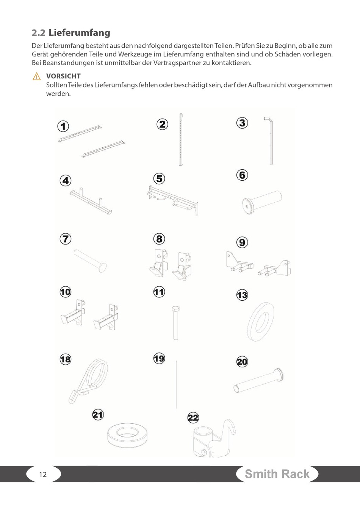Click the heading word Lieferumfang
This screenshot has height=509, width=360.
point(79,33)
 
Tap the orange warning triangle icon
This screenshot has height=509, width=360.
point(37,77)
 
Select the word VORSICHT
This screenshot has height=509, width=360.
point(63,76)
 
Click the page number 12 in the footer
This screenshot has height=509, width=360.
point(43,474)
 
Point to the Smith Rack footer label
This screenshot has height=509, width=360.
point(277,474)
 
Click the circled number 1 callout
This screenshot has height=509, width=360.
point(63,126)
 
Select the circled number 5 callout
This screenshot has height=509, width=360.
point(159,179)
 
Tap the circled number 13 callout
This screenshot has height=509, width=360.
point(242,295)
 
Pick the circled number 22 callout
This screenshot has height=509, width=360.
point(193,418)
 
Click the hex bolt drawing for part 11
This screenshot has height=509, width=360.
point(175,323)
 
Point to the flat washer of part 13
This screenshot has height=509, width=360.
point(261,322)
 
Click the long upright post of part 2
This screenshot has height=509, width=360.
point(181,139)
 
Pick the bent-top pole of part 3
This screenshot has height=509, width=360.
point(271,141)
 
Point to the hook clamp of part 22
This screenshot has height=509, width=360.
point(214,438)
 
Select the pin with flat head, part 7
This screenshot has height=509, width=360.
point(90,261)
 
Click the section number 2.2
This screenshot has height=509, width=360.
point(39,33)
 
